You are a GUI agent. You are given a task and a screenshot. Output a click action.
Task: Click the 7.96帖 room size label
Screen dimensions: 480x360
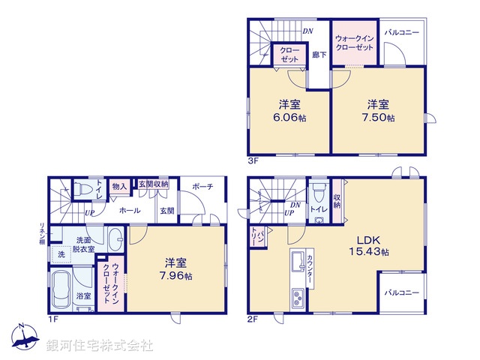tap(175, 269)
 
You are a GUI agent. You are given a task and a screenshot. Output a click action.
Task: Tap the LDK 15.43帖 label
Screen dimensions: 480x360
tap(369, 246)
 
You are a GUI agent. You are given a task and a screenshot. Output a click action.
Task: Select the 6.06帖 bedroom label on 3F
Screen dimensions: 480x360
tap(289, 110)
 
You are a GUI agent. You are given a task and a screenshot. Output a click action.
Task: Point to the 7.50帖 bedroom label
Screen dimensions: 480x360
tap(378, 110)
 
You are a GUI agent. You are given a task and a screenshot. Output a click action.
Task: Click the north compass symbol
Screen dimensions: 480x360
tap(25, 336)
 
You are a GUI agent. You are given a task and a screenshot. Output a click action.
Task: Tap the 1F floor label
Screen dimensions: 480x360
tap(52, 319)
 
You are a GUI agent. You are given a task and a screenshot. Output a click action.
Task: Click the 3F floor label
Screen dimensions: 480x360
tap(253, 161)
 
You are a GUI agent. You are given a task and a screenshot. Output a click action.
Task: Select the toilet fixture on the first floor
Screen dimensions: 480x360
tap(83, 189)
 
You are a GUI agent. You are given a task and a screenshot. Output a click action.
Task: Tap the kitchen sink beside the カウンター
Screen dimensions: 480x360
tap(298, 261)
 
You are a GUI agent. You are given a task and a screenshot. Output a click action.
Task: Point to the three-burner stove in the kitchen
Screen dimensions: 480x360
tap(298, 298)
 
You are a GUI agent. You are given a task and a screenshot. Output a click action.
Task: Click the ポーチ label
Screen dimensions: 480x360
tap(202, 187)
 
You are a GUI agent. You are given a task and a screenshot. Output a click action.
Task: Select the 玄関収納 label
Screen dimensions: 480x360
tap(153, 184)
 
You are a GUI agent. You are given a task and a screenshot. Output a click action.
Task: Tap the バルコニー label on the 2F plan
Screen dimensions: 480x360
tap(402, 292)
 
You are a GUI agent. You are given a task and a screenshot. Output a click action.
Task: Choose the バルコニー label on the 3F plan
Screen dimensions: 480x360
tap(402, 32)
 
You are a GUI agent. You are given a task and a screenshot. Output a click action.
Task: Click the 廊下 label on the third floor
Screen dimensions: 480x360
tap(319, 55)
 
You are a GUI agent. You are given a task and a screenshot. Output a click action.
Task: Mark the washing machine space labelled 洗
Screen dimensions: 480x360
tap(61, 254)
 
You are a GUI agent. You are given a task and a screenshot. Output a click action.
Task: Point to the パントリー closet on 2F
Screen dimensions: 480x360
tap(258, 237)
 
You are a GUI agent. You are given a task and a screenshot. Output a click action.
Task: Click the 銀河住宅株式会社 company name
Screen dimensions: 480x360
tap(100, 346)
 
